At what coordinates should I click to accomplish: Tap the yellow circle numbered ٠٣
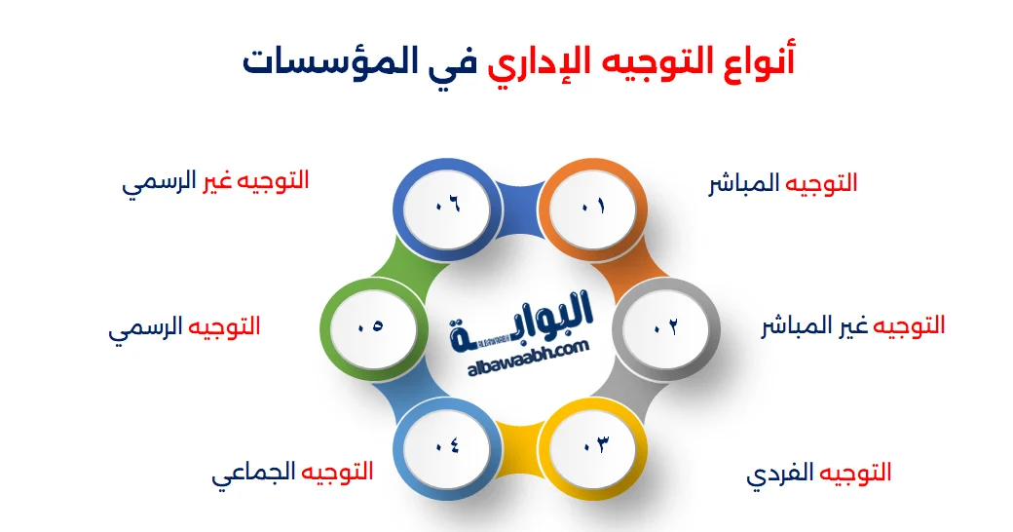(x=596, y=446)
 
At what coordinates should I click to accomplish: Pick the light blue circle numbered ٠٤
(x=446, y=446)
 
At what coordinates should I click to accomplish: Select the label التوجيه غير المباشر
(x=852, y=325)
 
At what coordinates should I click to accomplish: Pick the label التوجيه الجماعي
(x=292, y=475)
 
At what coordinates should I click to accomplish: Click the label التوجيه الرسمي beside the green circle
(x=184, y=326)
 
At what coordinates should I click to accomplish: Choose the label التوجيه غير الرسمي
(x=215, y=182)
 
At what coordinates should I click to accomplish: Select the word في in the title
(x=437, y=61)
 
